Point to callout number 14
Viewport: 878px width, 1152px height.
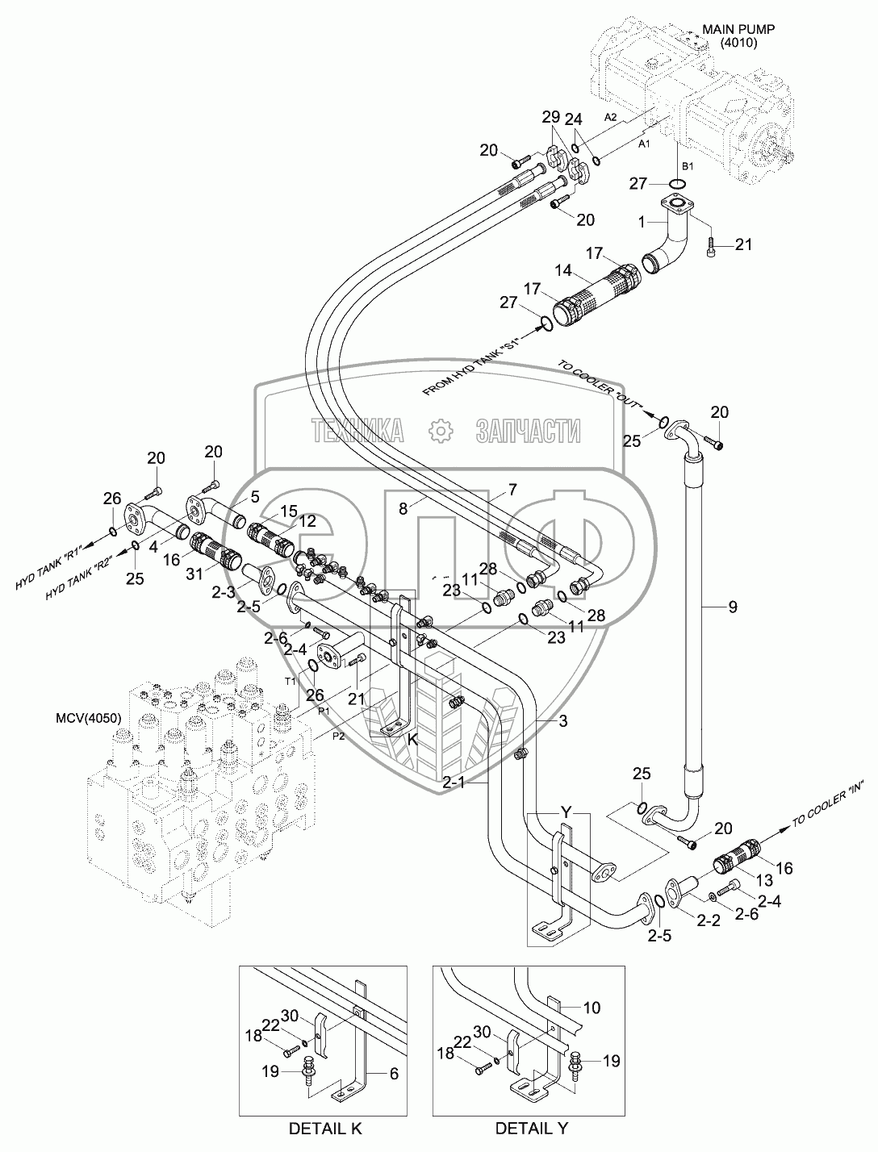click(x=565, y=269)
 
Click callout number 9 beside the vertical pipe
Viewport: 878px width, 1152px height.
click(x=733, y=606)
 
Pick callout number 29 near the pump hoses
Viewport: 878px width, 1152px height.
click(x=550, y=116)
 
